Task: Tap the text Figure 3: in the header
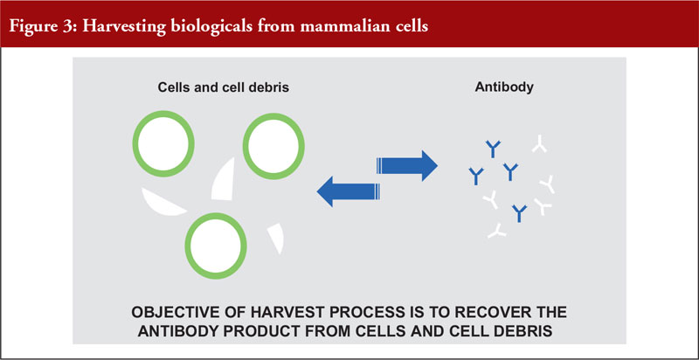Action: coord(43,25)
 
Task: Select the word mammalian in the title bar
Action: coord(341,25)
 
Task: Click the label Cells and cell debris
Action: coord(224,87)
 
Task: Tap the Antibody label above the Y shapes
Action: coord(504,87)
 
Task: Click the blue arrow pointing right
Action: coord(407,166)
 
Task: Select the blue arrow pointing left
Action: coord(348,191)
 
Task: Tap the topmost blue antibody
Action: coord(493,149)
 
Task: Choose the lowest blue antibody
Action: coord(519,213)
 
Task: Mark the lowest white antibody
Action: coord(496,230)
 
